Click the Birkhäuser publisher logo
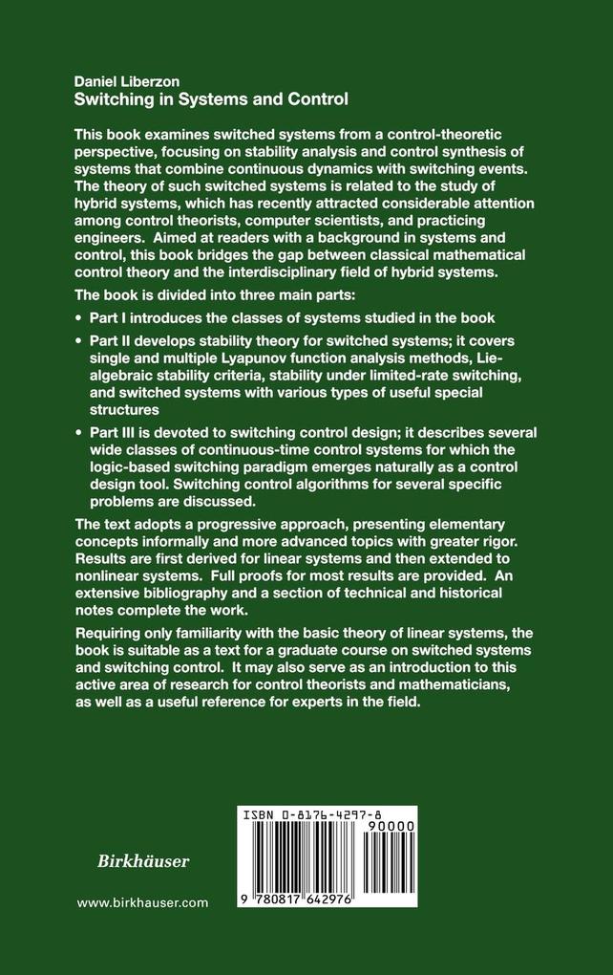[x=132, y=861]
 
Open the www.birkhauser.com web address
[x=142, y=902]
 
